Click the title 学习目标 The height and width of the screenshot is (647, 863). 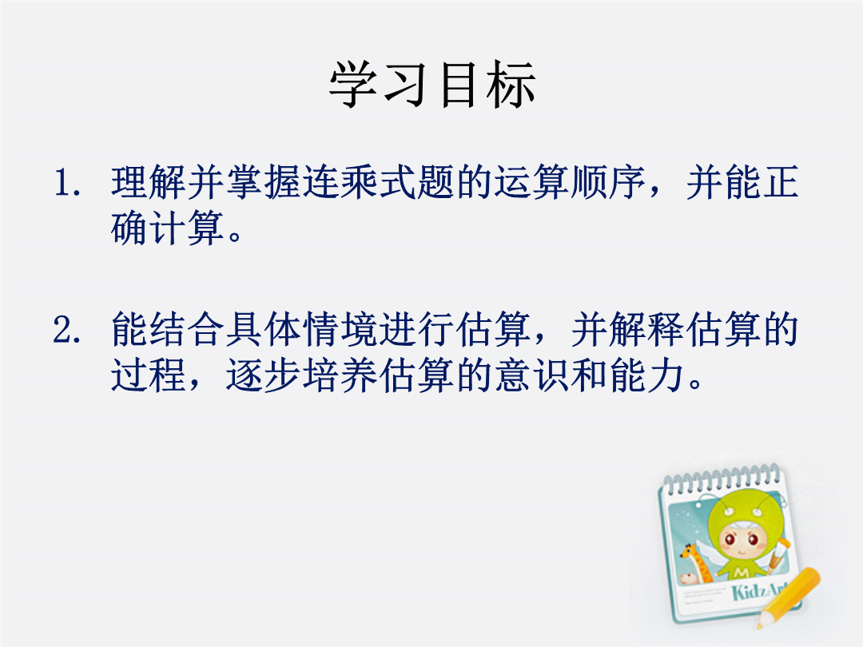432,84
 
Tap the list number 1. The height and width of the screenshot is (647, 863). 67,183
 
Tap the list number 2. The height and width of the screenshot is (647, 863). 67,330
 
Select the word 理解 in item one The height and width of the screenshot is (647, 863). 149,182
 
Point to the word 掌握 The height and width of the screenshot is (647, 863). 264,182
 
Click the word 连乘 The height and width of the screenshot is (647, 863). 340,182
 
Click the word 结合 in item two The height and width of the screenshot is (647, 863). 187,330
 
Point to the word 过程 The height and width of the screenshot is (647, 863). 149,375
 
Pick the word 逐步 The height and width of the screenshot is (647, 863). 264,375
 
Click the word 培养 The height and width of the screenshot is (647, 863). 340,375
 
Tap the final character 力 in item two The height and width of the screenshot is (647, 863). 666,375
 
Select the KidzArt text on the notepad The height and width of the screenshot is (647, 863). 760,591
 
